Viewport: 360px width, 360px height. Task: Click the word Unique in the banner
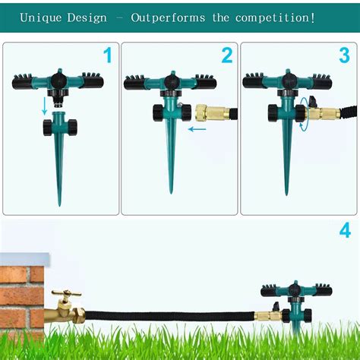coord(40,18)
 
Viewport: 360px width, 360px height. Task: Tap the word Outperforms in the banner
coord(168,18)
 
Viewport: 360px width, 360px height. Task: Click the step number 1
coord(108,55)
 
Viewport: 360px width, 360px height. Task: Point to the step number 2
coord(227,55)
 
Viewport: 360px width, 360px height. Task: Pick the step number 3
coord(344,55)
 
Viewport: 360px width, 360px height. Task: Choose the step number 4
coord(345,230)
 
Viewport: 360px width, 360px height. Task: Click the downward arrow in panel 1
coord(45,106)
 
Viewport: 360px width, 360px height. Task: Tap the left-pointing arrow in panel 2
coord(197,129)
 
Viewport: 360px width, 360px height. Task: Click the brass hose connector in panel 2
coord(213,113)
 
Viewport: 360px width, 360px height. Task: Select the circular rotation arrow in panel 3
coord(304,114)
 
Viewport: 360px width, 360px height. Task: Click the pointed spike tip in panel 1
coord(60,204)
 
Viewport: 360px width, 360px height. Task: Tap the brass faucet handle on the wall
coord(66,293)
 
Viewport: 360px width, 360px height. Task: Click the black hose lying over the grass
coord(169,317)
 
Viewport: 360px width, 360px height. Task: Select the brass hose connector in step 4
coord(268,316)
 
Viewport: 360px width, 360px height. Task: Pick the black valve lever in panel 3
coord(314,101)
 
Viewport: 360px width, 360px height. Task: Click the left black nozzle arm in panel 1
coord(22,81)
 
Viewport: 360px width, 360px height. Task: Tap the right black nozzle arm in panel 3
coord(322,81)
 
